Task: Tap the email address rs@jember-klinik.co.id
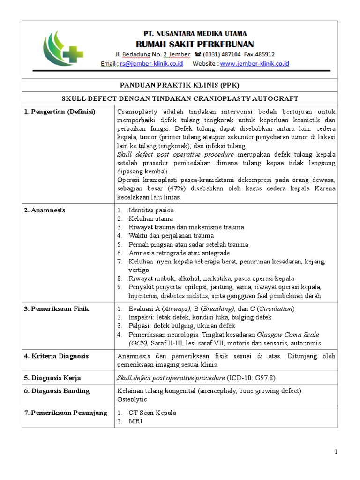(151, 64)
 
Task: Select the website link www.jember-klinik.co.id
(255, 64)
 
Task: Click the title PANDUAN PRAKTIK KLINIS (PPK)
(180, 85)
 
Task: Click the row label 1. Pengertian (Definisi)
(60, 112)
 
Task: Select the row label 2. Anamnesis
(45, 210)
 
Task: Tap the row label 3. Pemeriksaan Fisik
(56, 308)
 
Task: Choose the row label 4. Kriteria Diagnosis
(56, 356)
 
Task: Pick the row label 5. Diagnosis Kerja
(52, 377)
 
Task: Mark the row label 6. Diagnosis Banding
(57, 390)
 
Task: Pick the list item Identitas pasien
(151, 210)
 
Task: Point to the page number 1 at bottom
(336, 451)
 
